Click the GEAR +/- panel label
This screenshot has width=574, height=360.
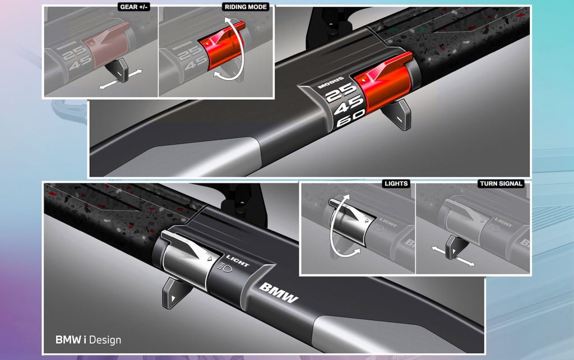[x=135, y=7]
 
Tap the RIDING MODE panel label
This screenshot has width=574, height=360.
[x=246, y=7]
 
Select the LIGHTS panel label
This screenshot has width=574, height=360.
[x=396, y=183]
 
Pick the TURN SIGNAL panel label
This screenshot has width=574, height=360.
[x=501, y=183]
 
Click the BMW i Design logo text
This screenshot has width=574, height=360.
[x=88, y=340]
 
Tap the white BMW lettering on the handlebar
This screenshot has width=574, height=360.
[x=279, y=292]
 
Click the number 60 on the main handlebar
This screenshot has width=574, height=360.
[x=350, y=118]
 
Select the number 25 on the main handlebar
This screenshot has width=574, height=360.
[x=340, y=92]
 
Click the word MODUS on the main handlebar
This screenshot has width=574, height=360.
[x=331, y=83]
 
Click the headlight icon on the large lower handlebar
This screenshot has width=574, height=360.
[x=225, y=267]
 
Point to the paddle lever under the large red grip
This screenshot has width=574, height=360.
[x=397, y=114]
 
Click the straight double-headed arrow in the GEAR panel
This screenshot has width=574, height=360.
[x=121, y=79]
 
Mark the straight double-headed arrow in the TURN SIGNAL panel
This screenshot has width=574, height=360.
[x=453, y=256]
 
